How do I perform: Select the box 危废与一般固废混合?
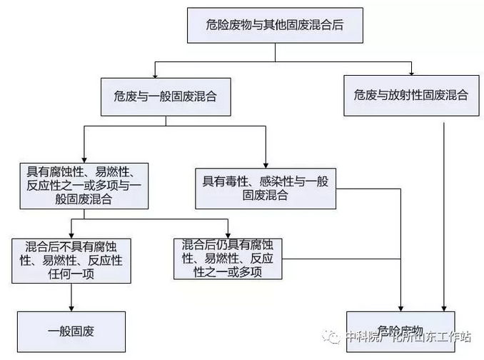pos(165,96)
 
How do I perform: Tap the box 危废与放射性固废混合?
pos(410,96)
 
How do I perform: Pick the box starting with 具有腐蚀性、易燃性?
pos(84,185)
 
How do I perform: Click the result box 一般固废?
pos(71,331)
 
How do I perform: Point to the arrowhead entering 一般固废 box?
pos(72,308)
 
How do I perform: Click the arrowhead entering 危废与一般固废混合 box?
pos(155,74)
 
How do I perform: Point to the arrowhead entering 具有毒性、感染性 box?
pos(265,164)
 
